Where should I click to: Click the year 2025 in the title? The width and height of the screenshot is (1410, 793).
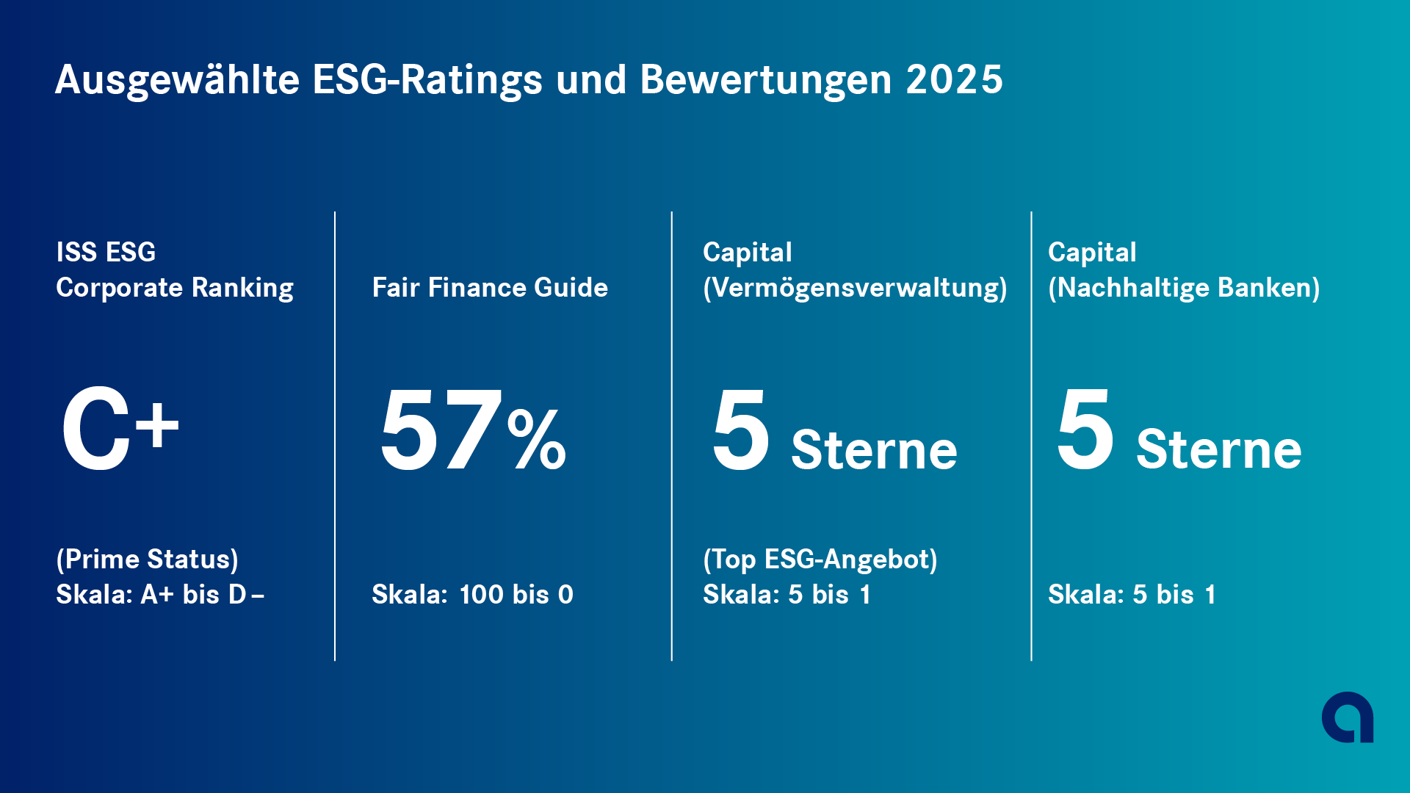954,79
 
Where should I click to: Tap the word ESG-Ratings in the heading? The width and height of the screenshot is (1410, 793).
427,79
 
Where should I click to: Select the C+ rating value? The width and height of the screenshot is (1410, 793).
120,430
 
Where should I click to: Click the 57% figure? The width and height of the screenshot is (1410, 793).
472,430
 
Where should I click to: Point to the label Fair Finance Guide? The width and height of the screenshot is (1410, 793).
490,287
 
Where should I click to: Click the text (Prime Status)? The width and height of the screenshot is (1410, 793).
147,560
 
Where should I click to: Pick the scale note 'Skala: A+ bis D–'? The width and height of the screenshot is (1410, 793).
160,595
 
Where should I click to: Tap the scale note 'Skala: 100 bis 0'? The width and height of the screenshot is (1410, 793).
472,595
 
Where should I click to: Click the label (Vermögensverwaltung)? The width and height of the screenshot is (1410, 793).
855,287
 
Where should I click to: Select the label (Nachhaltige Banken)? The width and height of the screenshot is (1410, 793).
1184,287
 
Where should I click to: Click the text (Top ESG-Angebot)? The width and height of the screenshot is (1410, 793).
820,560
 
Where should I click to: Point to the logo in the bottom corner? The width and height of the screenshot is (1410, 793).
1348,717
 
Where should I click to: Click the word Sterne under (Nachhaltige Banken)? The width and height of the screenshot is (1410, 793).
1219,449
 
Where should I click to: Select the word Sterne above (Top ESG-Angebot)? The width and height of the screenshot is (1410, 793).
874,449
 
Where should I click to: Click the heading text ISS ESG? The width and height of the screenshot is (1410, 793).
106,252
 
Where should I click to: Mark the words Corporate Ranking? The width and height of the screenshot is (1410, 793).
175,287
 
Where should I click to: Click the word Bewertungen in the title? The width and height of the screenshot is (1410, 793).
766,79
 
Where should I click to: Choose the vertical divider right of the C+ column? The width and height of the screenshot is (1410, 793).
335,436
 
